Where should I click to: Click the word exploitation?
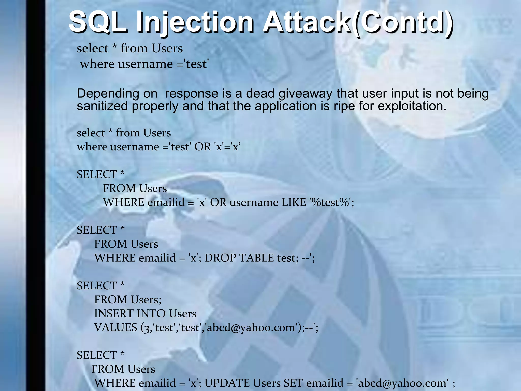[412, 106]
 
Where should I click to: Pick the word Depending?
[108, 94]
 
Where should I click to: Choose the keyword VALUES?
[115, 327]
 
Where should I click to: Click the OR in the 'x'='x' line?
[202, 147]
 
